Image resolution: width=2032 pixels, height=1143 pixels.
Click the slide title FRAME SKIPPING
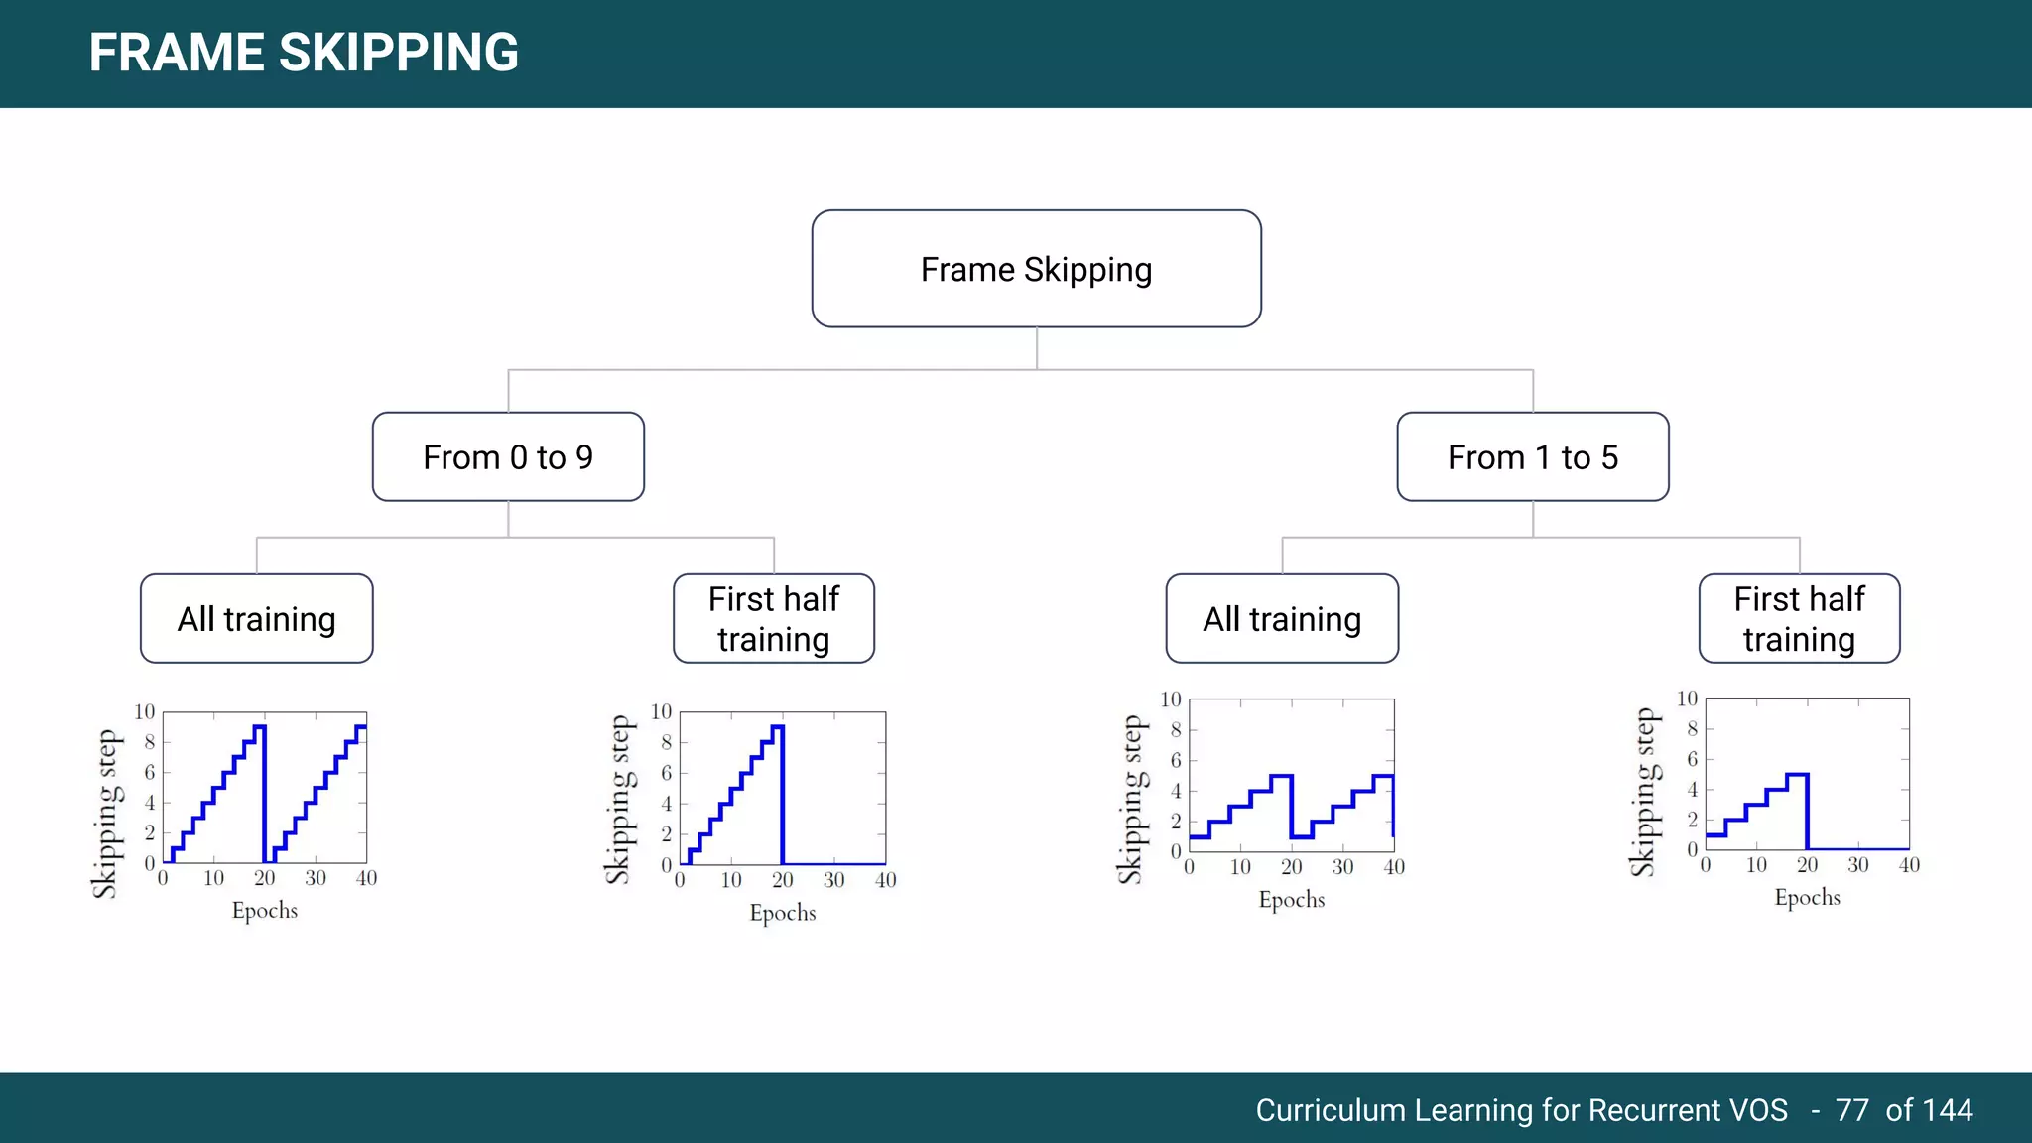304,53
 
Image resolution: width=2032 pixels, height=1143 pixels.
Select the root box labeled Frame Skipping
1036,269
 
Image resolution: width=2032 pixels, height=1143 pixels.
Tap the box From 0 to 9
508,457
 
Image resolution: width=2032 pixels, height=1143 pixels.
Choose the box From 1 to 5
1532,457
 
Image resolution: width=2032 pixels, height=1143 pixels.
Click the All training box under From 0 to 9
257,619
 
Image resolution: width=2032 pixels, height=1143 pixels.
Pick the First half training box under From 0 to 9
774,619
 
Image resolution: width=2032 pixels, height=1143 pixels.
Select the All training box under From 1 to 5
1282,619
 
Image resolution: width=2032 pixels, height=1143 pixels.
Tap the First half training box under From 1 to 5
1799,619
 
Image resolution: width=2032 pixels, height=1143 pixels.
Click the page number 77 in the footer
1851,1110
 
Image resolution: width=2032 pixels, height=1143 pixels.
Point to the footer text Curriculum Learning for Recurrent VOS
1521,1110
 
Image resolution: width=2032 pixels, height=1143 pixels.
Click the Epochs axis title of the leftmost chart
265,911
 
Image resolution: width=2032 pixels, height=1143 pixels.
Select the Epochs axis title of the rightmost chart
1807,898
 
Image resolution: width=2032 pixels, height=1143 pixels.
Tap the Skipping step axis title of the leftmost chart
105,814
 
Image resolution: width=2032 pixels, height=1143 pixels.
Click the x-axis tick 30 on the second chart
833,880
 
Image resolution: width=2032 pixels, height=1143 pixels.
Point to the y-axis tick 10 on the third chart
1171,699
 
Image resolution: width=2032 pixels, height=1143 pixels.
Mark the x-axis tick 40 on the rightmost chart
1909,865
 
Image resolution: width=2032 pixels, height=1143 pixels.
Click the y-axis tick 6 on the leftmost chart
150,772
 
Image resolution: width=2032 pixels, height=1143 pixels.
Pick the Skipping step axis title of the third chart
1131,800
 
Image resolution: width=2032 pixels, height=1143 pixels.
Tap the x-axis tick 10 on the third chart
1240,867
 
